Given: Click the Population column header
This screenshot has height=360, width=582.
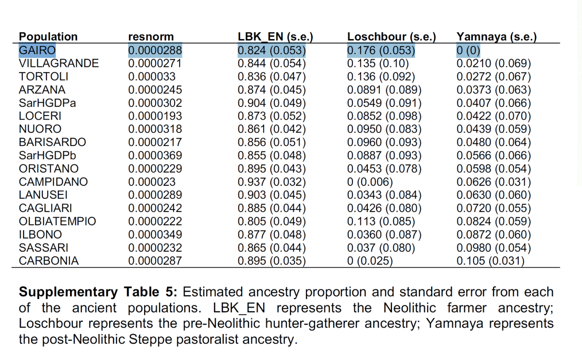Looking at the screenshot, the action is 48,37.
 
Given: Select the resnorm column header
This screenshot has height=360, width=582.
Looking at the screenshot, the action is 151,37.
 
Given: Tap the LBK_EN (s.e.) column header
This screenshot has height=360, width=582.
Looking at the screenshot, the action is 276,37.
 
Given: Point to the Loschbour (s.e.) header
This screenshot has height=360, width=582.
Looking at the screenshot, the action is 391,37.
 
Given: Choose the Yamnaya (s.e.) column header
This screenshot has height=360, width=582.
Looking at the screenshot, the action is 497,37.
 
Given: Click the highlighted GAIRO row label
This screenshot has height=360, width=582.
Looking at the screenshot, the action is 37,50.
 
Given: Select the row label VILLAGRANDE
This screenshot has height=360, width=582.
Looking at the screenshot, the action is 59,63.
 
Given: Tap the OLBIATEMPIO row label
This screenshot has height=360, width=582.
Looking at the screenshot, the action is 57,221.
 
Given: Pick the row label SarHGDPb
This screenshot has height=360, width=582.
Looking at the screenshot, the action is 47,155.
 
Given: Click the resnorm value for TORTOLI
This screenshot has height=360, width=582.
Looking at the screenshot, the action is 152,77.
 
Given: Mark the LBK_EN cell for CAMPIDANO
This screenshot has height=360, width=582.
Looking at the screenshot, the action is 272,182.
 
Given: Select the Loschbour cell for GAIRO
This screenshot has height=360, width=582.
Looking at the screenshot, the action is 381,50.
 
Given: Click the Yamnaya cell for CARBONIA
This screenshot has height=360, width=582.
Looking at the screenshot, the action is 491,261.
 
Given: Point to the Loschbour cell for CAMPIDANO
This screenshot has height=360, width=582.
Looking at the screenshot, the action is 370,182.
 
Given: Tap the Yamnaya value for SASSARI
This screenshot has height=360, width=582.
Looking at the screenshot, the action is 494,248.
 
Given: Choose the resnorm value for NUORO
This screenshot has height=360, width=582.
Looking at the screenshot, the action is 155,129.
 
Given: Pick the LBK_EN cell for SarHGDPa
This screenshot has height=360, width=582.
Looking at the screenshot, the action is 272,103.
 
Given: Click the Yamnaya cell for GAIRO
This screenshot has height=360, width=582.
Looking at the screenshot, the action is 468,50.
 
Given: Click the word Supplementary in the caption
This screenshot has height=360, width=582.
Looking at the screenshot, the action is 68,292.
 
